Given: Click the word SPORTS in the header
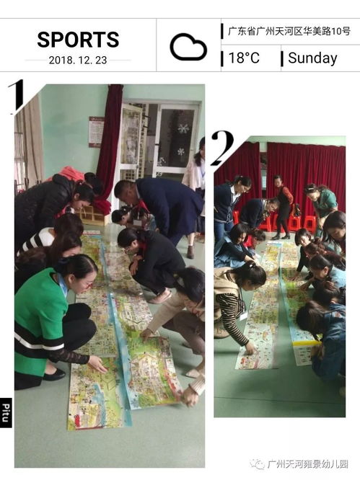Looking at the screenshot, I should [x=78, y=39].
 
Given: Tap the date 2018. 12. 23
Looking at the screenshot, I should [x=78, y=60].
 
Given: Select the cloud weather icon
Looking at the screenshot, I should [x=188, y=47].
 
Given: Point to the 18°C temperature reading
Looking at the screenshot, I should [x=244, y=58].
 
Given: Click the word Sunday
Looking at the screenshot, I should [x=312, y=58].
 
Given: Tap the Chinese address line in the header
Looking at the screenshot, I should [x=289, y=31].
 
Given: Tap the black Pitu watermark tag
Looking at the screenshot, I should [x=6, y=412].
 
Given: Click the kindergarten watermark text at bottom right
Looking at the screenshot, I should [x=307, y=464].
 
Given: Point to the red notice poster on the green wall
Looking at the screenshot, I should [x=96, y=132].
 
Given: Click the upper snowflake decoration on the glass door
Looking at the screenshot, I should [x=183, y=129].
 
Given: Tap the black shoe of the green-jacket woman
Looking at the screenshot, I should [x=53, y=374].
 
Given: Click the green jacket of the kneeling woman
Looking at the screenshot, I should [x=40, y=317].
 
